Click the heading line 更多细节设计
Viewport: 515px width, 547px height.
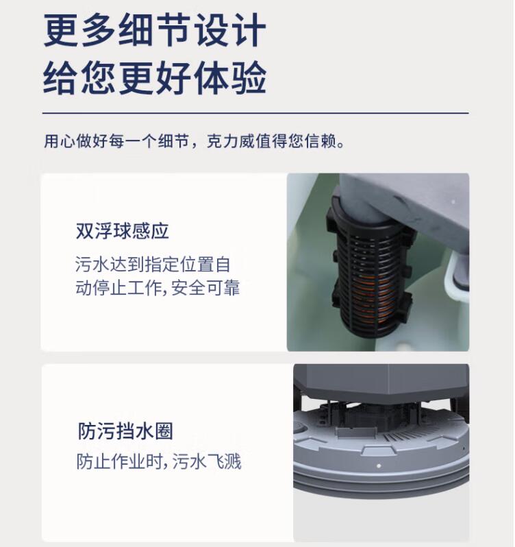(155, 30)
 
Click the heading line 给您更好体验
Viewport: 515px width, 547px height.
(155, 77)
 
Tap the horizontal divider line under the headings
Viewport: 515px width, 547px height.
(255, 113)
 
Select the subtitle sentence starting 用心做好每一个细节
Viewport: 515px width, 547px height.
(194, 141)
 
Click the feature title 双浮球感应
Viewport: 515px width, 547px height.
(123, 231)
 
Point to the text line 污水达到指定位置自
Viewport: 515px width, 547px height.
(153, 264)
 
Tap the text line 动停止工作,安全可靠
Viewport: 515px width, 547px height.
(158, 288)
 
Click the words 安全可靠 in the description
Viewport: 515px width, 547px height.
(205, 288)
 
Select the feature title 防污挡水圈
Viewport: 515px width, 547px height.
(125, 431)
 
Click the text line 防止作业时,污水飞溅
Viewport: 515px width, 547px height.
(159, 461)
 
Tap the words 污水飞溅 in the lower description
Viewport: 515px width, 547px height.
(207, 461)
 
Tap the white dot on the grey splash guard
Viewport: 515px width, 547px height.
(379, 465)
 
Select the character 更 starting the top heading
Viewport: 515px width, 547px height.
(61, 30)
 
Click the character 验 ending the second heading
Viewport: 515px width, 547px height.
(249, 77)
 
